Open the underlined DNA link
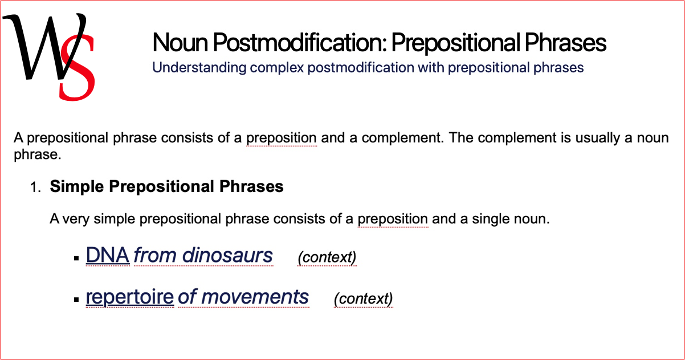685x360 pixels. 108,256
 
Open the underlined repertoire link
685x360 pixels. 130,297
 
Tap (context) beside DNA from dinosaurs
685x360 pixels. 327,257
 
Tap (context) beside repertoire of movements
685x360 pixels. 363,298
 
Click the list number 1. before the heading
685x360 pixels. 36,187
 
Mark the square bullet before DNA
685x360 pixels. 76,258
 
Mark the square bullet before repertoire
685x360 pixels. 76,299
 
